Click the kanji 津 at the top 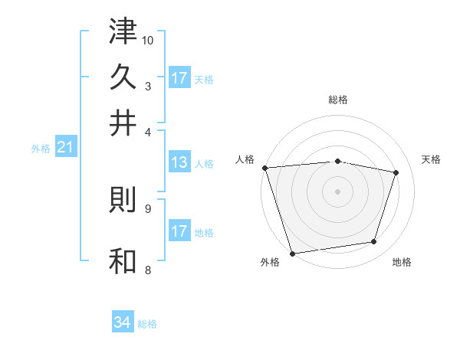click(123, 33)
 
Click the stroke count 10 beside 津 click(149, 40)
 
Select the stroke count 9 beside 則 click(148, 207)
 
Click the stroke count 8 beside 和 click(148, 269)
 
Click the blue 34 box click(123, 322)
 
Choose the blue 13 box click(179, 162)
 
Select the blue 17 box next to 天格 click(179, 78)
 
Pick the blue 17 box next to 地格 click(179, 231)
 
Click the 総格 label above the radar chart click(338, 100)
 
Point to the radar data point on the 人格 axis click(264, 168)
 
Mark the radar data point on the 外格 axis click(292, 253)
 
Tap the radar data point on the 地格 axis click(374, 242)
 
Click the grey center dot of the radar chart click(338, 191)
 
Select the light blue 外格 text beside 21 click(41, 149)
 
